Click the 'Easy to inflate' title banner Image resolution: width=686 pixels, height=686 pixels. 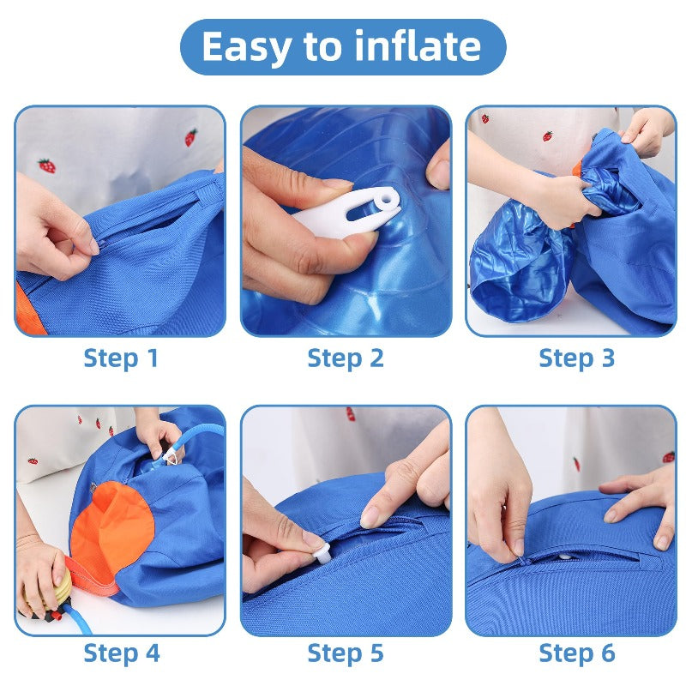(x=342, y=47)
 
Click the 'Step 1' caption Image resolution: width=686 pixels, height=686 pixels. (x=121, y=358)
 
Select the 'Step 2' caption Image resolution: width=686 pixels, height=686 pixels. (x=346, y=358)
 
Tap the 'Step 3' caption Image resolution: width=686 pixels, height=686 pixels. (x=576, y=358)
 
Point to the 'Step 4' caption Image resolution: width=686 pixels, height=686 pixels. (x=121, y=653)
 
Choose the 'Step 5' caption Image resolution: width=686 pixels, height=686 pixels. (x=346, y=653)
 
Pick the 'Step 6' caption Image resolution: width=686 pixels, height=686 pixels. (x=576, y=653)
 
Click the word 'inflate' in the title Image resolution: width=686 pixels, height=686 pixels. (x=419, y=47)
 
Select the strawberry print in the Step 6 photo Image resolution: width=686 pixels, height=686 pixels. (x=668, y=457)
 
